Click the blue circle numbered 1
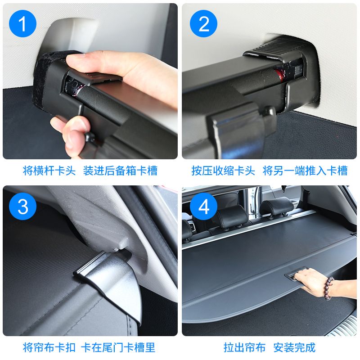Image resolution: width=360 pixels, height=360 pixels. coord(23,25)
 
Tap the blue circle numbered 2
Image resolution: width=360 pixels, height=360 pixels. coord(204,25)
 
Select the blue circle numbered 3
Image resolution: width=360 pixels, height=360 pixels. coord(23,207)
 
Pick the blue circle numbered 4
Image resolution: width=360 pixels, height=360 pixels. coord(204,207)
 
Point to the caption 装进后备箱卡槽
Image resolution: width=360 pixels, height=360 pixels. coord(121,171)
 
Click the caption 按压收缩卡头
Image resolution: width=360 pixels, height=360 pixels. coord(222,171)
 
